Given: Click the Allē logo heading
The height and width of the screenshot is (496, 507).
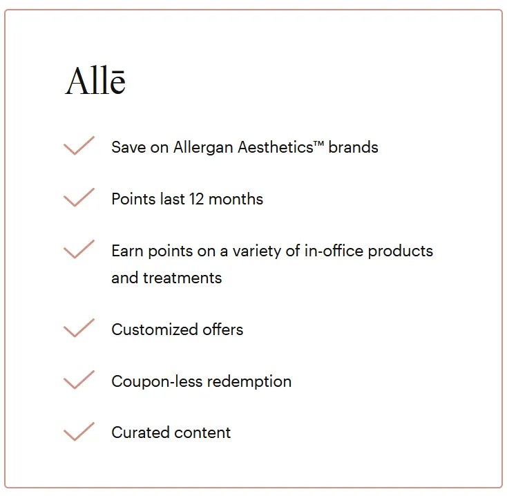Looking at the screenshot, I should click(95, 82).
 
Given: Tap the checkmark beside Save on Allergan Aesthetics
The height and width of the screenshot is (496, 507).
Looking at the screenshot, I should click(79, 146).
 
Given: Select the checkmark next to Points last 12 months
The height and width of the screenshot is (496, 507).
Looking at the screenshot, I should click(79, 198).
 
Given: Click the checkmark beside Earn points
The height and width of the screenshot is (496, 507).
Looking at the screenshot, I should click(79, 250).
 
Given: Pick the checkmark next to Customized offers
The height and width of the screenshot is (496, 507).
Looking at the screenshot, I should click(79, 329).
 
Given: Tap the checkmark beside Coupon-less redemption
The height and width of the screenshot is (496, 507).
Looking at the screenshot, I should click(79, 381).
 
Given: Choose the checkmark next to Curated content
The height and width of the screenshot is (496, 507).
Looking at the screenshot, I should click(79, 432).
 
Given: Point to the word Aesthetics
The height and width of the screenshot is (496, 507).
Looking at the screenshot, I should click(275, 147).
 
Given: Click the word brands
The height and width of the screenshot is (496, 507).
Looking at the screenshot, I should click(353, 147).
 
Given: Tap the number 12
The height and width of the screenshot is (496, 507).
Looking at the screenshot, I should click(197, 199).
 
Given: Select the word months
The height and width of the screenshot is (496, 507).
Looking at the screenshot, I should click(236, 199).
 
